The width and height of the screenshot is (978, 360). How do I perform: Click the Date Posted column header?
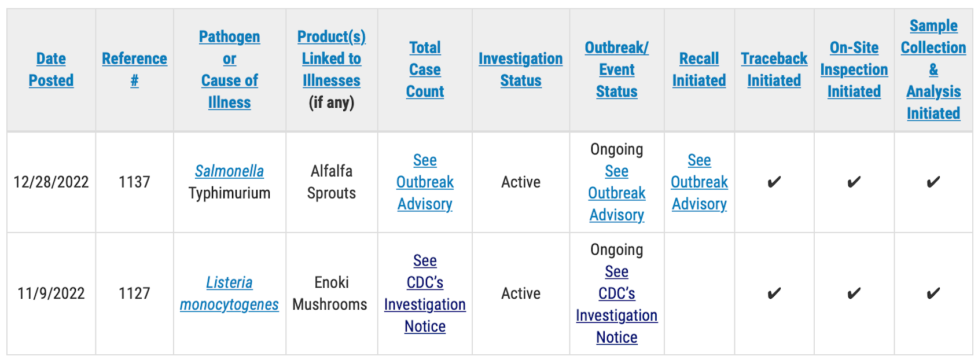tap(51, 69)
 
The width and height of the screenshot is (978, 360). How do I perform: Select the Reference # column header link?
tap(134, 69)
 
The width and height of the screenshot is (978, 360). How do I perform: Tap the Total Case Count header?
tap(425, 69)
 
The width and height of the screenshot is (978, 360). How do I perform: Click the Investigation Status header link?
tap(520, 69)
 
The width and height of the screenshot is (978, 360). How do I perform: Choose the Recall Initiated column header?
tap(699, 69)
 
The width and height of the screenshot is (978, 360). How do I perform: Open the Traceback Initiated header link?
tap(774, 69)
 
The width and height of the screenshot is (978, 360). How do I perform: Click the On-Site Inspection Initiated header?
tap(854, 69)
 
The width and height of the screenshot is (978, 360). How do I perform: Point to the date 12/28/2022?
tap(51, 182)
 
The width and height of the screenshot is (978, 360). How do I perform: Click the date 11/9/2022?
tap(51, 293)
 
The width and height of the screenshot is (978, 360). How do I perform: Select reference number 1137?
tap(134, 182)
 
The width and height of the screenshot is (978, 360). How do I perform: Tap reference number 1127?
tap(134, 293)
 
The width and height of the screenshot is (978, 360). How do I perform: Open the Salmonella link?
tap(229, 171)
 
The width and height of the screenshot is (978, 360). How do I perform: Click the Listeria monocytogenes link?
tap(229, 293)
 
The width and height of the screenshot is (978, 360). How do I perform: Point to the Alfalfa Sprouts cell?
tap(332, 182)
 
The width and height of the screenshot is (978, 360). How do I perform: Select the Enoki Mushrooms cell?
tap(330, 293)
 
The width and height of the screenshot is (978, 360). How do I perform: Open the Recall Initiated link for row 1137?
tap(699, 182)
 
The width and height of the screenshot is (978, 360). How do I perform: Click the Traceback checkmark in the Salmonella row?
tap(774, 182)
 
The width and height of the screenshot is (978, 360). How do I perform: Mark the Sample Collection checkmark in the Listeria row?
tap(933, 293)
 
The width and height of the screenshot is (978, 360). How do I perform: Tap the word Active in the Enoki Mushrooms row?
tap(520, 293)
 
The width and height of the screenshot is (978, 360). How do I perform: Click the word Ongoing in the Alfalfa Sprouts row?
tap(616, 149)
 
